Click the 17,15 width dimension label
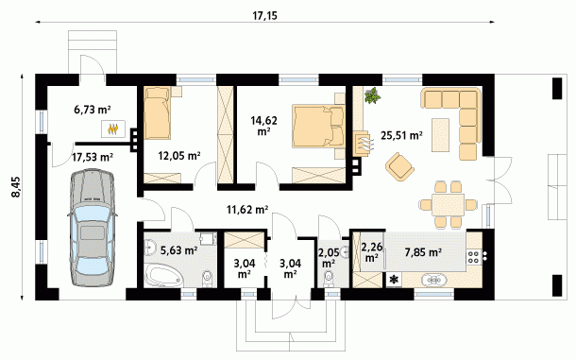[x=264, y=16]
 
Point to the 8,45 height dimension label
[x=16, y=187]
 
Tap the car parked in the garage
[x=91, y=228]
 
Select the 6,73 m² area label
[x=93, y=110]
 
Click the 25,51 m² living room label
[x=401, y=135]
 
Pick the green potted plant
[x=372, y=95]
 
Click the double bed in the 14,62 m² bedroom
[x=319, y=126]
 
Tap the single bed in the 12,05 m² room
[x=158, y=112]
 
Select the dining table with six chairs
[x=449, y=204]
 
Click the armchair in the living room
[x=399, y=167]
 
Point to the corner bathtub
[x=164, y=275]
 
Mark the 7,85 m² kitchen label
[x=423, y=252]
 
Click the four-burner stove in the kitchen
[x=473, y=257]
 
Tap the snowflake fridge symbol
[x=394, y=280]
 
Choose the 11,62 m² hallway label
[x=247, y=210]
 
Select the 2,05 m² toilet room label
[x=328, y=257]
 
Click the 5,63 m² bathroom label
[x=179, y=250]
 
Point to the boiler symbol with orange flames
[x=113, y=129]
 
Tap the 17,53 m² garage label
[x=93, y=157]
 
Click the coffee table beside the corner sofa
[x=440, y=134]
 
